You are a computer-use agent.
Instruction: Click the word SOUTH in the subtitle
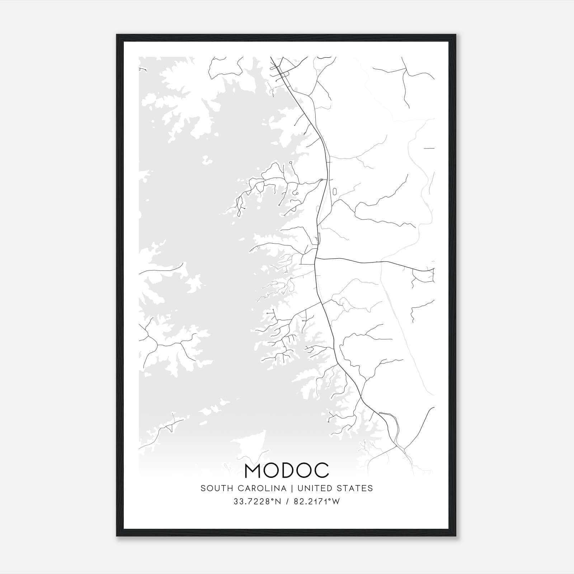[214, 488]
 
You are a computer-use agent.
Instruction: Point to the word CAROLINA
[259, 488]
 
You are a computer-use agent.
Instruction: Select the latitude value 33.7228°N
[257, 502]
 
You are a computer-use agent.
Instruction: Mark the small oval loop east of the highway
[335, 191]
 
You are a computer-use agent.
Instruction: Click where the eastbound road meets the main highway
[315, 258]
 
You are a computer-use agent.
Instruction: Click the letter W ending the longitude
[336, 502]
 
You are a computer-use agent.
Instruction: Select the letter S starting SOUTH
[203, 488]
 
